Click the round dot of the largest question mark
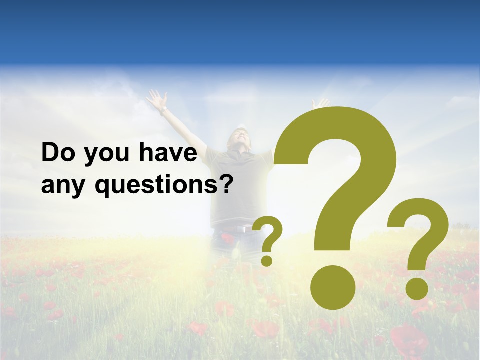332,287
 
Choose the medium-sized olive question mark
419,245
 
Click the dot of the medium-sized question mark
416,288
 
